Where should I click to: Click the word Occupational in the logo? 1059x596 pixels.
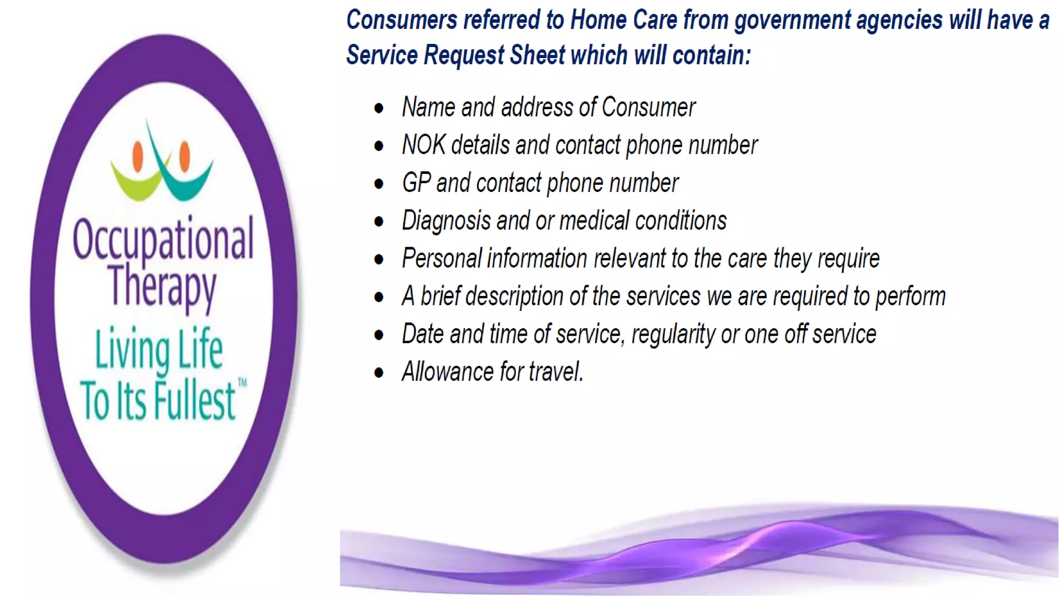[163, 239]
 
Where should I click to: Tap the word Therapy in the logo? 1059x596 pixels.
[162, 286]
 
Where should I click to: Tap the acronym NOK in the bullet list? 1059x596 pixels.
[423, 145]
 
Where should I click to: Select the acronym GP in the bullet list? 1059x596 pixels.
[416, 183]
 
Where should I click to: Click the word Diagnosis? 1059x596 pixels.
[446, 221]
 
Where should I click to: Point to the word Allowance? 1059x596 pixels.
[448, 371]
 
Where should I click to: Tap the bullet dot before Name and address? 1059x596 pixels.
[379, 108]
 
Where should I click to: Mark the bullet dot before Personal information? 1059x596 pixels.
[379, 259]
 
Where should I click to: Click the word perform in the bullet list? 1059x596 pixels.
[910, 297]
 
